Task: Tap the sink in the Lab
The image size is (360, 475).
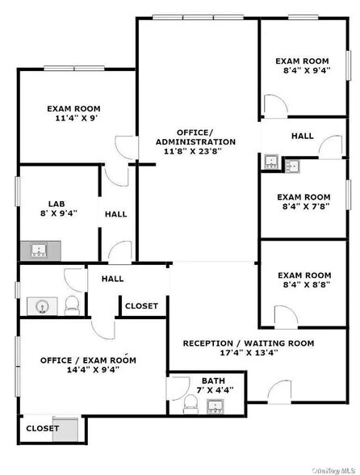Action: (38, 250)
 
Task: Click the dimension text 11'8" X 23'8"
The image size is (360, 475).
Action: (195, 151)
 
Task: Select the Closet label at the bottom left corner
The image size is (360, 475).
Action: (41, 428)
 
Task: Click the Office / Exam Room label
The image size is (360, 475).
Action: (88, 359)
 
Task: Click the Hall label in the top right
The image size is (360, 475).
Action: (303, 136)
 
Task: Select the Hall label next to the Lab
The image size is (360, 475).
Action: (115, 214)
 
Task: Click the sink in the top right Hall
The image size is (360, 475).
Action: (271, 162)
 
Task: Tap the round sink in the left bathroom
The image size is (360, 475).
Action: (42, 305)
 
